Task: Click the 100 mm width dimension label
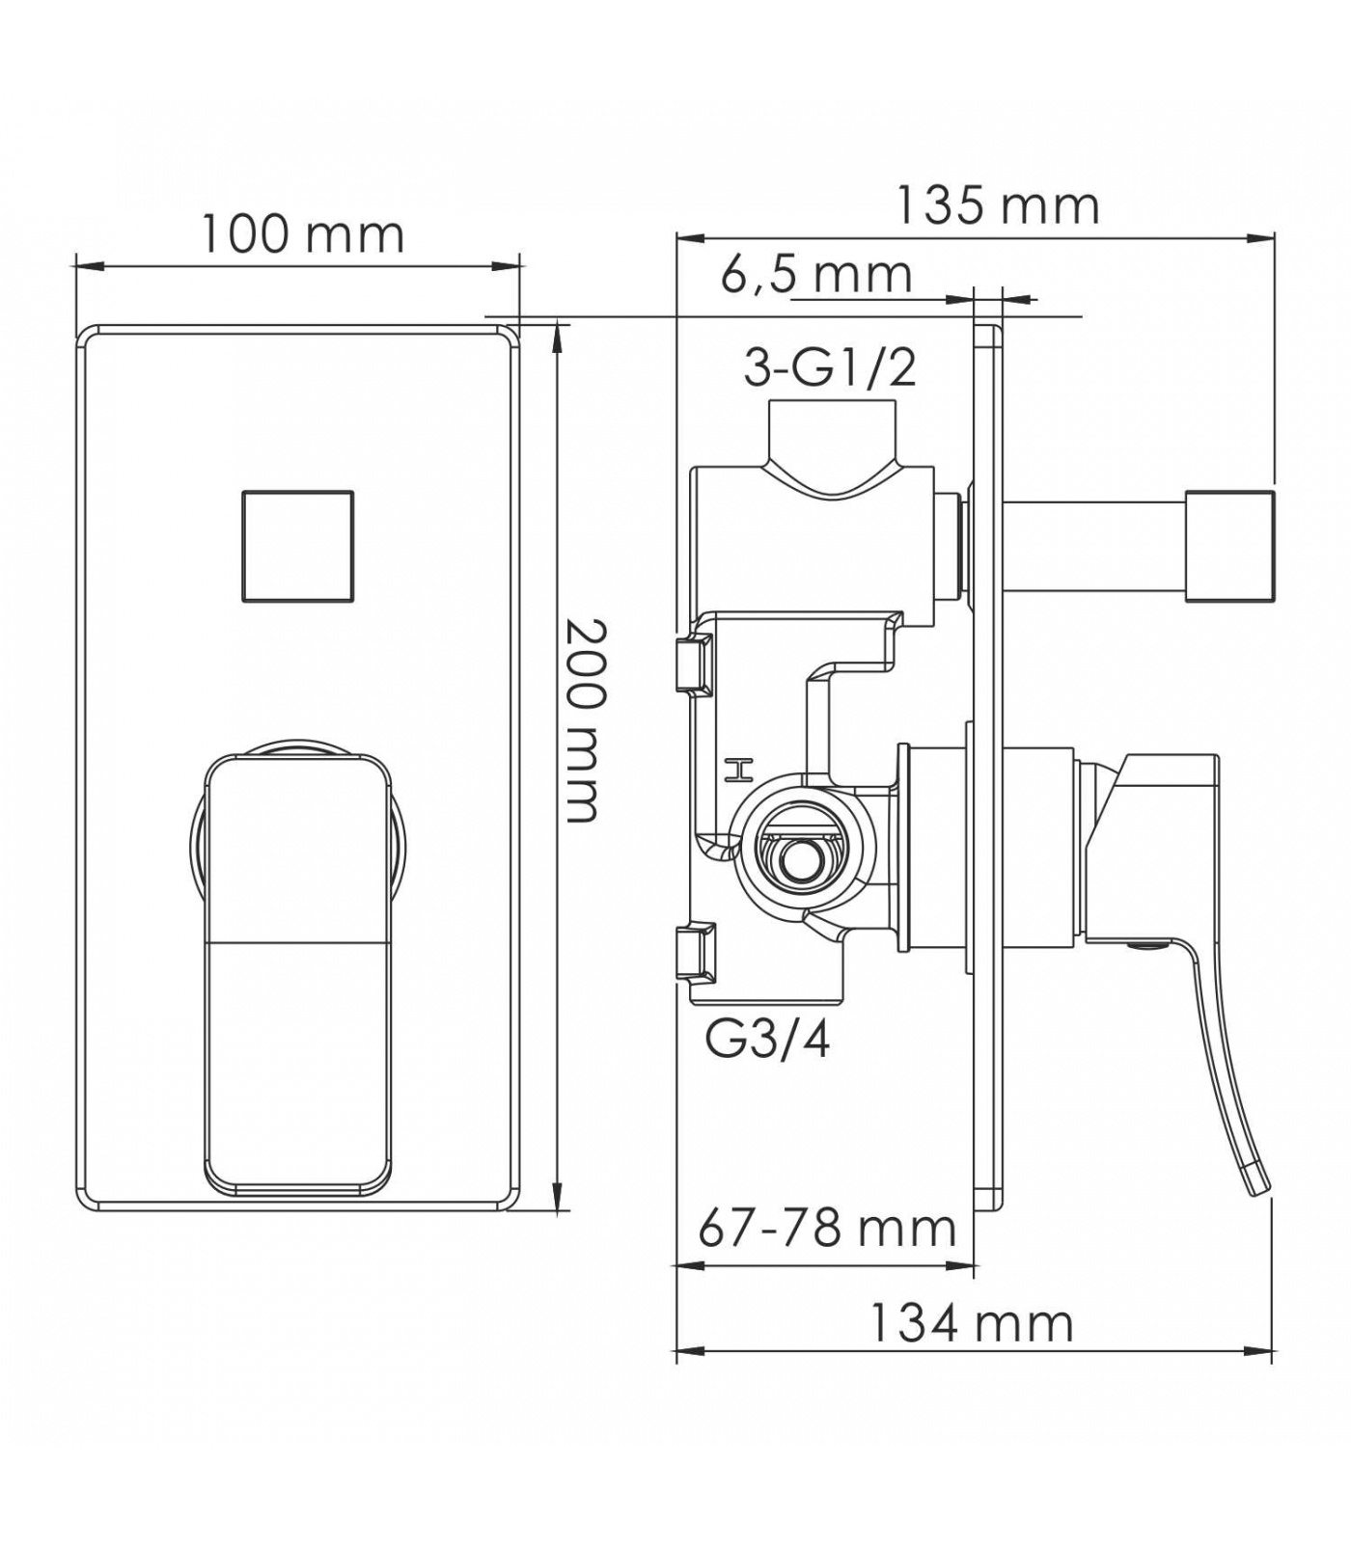coord(302,234)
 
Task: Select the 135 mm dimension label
coord(998,205)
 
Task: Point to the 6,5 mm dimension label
coord(816,276)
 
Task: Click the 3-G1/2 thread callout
coord(831,367)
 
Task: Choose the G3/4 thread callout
coord(768,1041)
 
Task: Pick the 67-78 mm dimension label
coord(828,1229)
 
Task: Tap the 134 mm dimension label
coord(972,1323)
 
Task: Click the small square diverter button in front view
coord(297,546)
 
